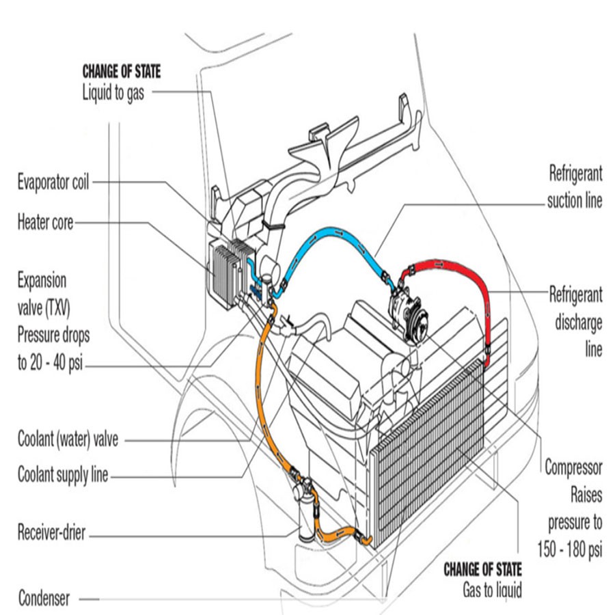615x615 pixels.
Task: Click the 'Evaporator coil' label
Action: [x=53, y=182]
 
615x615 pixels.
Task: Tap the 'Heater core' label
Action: [x=45, y=221]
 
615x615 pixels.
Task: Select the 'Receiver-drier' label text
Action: [x=51, y=532]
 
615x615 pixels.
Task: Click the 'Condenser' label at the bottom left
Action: [x=44, y=599]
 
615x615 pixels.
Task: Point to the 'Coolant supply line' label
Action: [x=63, y=475]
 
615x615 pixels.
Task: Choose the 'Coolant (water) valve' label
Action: [x=68, y=439]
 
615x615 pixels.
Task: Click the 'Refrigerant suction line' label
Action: [x=575, y=188]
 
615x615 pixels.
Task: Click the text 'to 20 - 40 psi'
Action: [x=54, y=362]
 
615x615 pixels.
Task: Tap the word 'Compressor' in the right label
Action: [x=573, y=468]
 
